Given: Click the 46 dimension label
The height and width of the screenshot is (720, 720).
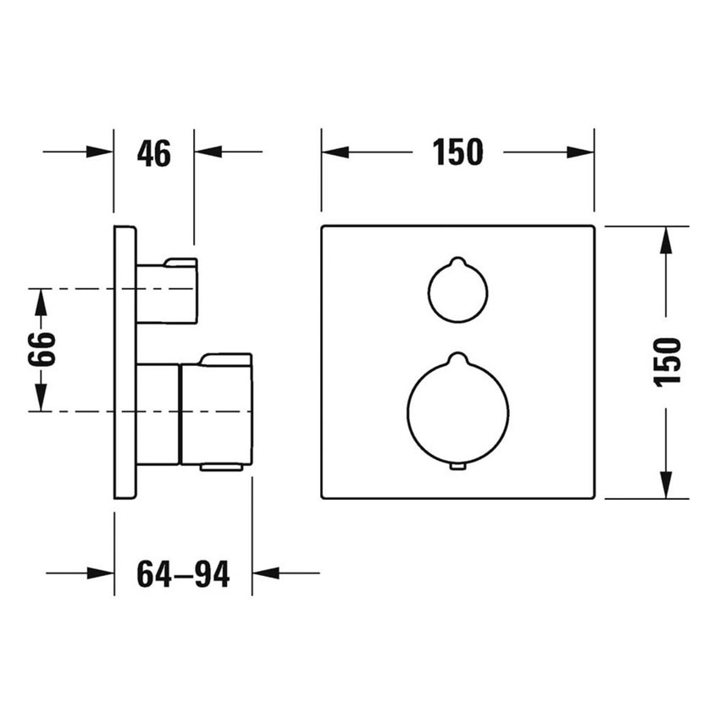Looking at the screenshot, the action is point(154,153).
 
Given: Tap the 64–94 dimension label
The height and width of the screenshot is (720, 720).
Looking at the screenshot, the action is point(183,574).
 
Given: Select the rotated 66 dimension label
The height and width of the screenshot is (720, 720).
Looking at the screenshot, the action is point(42,349).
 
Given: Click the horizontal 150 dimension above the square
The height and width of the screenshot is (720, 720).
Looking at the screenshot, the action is point(457,152).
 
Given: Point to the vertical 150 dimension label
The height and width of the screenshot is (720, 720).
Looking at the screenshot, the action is point(667,363).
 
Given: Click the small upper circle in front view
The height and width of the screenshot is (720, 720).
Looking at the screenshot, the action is point(457,290).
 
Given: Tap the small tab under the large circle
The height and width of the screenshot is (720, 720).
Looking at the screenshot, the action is point(457,467).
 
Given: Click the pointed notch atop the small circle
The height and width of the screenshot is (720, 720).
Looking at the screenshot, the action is point(457,261).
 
